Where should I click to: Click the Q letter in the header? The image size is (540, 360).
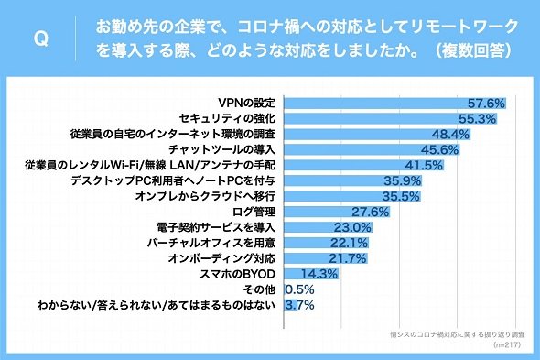41,38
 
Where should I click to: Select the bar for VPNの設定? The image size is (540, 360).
394,104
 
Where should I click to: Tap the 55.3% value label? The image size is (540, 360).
477,118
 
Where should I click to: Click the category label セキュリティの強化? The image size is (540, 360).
227,118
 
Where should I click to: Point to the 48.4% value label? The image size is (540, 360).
451,134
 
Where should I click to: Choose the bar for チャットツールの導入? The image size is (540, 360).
372,149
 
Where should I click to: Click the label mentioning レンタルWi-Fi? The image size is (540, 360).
150,165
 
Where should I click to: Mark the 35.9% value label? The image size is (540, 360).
403,180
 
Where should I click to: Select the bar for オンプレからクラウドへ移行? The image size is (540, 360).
352,196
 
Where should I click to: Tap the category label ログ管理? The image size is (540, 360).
254,212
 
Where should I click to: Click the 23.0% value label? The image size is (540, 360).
352,227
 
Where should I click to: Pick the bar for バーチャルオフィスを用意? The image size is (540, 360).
326,243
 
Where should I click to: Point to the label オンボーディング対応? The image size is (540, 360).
221,258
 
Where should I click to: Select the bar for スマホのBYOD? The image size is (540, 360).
311,274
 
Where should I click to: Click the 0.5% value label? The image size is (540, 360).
299,289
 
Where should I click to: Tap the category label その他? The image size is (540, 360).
259,289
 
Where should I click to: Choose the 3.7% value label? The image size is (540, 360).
299,305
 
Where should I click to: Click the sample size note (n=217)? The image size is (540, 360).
507,344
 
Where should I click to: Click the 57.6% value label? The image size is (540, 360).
486,104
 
